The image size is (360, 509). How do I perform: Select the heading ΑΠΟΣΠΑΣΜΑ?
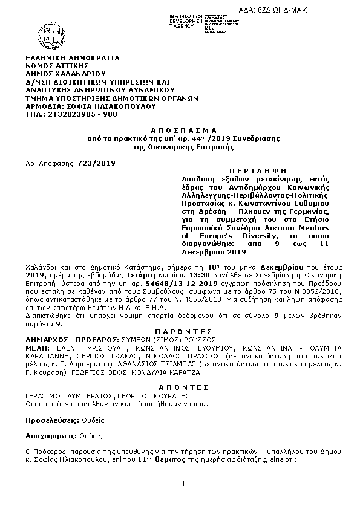[x=180, y=131]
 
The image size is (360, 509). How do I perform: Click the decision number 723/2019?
[x=93, y=163]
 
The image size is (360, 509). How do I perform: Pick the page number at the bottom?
[x=182, y=483]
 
